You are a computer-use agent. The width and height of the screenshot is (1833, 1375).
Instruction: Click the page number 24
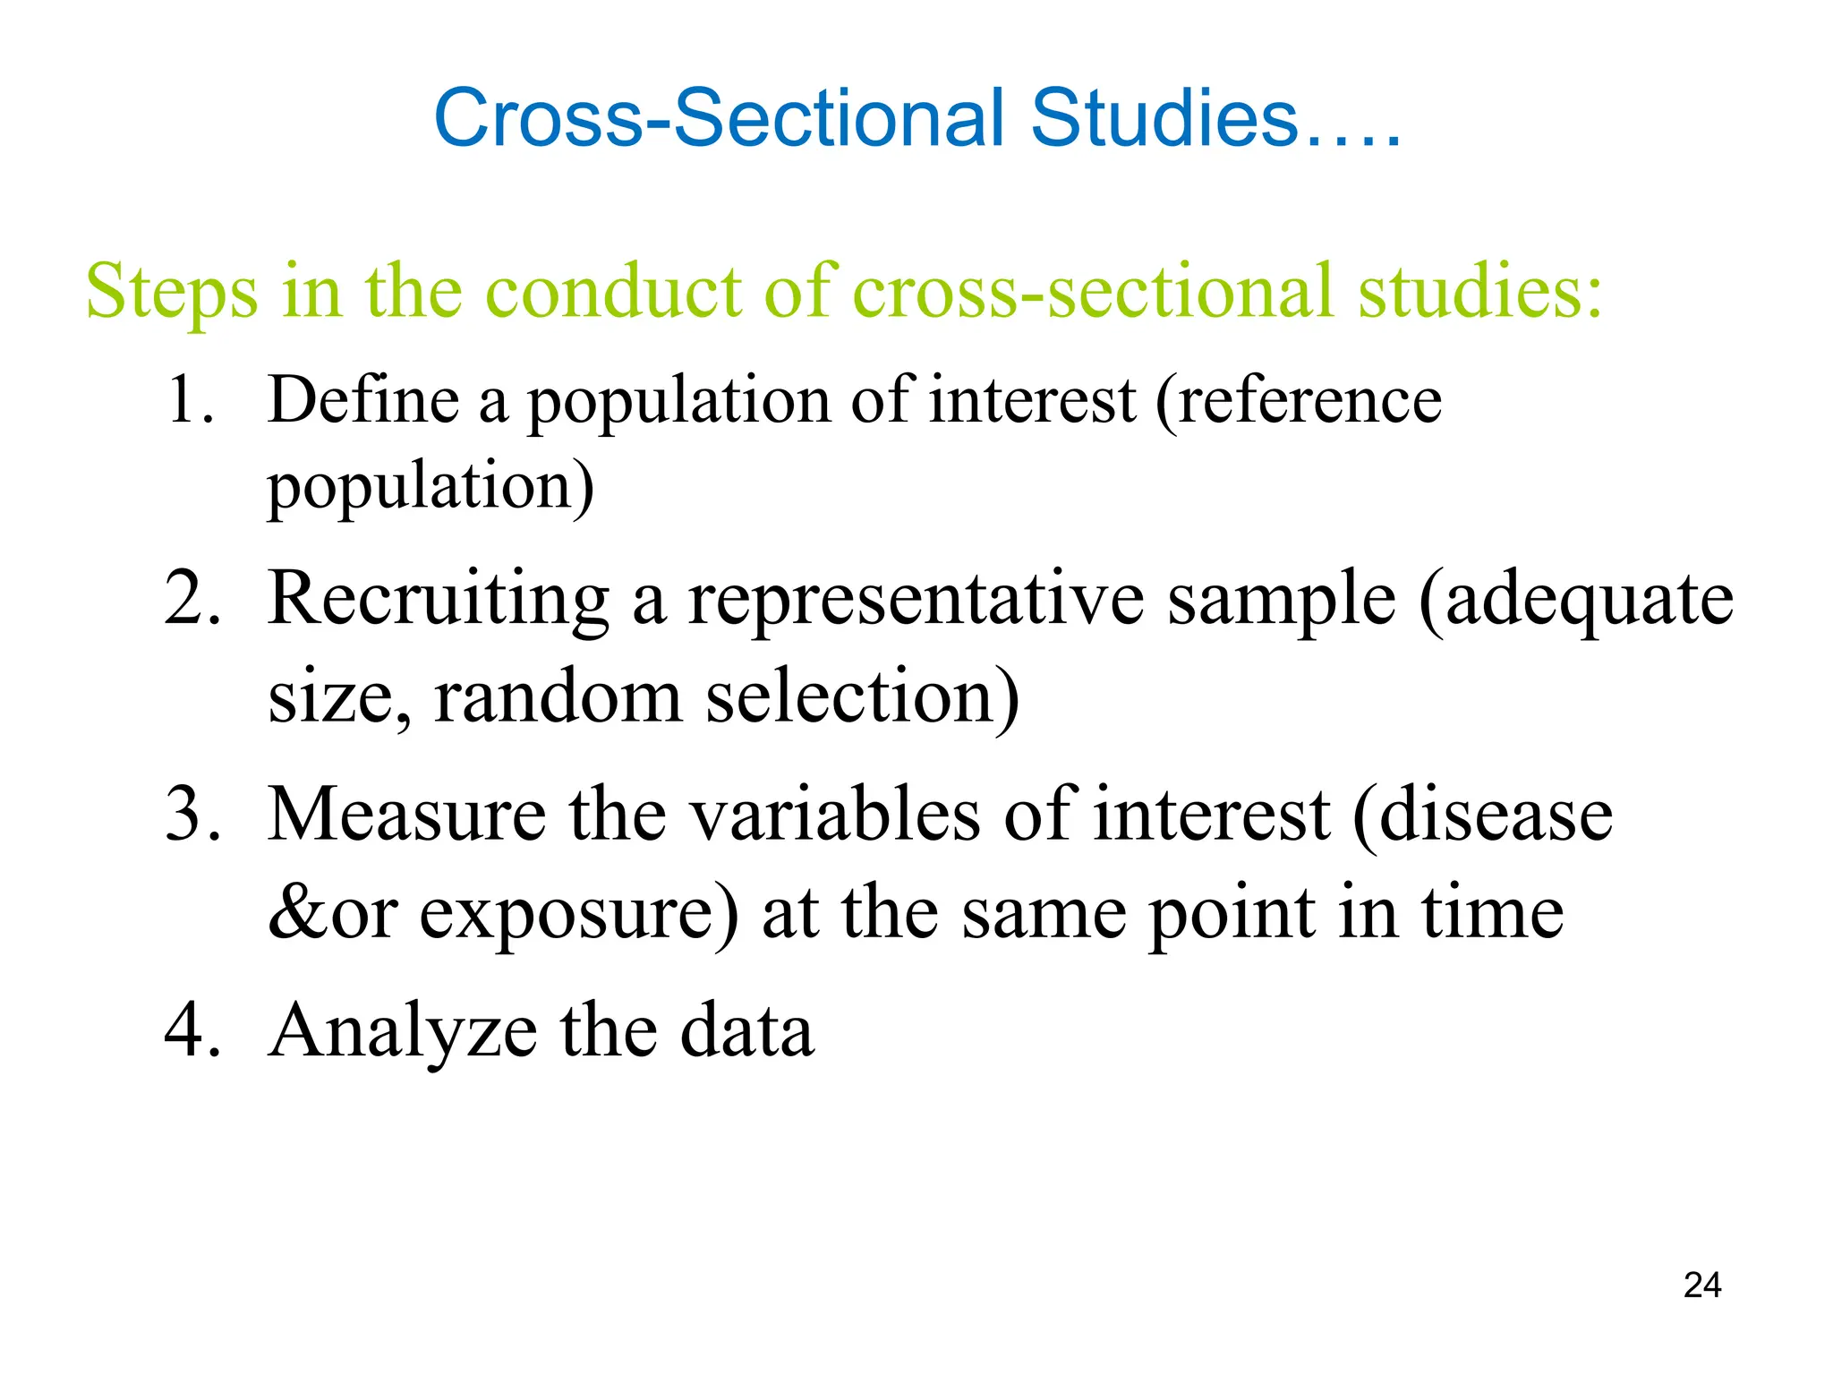(x=1701, y=1285)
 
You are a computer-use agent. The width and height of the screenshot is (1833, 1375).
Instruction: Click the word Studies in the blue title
(x=1164, y=118)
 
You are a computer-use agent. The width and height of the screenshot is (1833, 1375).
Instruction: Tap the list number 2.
(x=192, y=598)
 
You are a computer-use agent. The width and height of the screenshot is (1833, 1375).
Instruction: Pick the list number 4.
(x=192, y=1030)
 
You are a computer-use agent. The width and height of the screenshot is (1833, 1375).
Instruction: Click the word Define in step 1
(x=363, y=399)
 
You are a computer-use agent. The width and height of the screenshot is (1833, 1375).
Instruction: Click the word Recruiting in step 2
(x=439, y=598)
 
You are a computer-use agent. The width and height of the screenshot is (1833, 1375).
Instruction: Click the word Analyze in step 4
(x=404, y=1030)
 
